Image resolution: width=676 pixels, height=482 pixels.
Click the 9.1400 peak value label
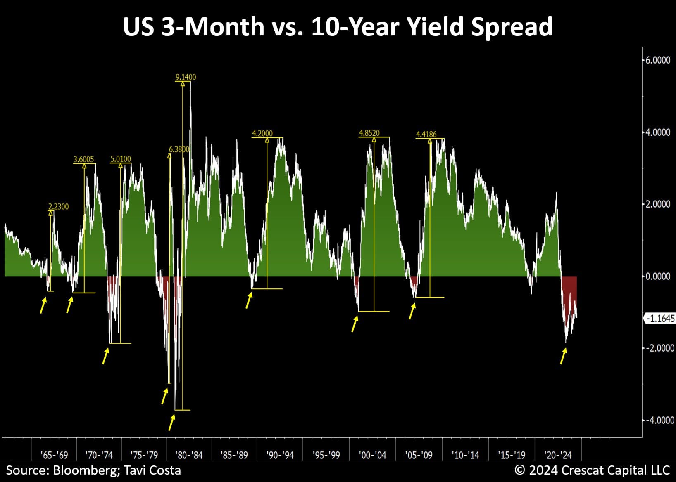click(x=186, y=77)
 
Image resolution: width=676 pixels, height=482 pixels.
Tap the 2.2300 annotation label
click(x=59, y=206)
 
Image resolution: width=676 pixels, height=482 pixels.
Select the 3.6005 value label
click(x=83, y=159)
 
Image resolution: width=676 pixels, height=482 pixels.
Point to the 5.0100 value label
click(x=121, y=159)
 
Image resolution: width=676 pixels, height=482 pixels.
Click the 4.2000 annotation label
click(x=262, y=133)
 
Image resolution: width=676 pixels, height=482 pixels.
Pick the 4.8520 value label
click(x=369, y=133)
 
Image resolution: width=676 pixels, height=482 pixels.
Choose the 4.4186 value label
click(x=426, y=134)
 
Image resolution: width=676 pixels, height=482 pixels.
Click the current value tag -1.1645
click(x=660, y=319)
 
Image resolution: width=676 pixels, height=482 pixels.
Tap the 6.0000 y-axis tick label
click(x=658, y=60)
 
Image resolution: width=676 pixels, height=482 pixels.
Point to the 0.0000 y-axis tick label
click(x=658, y=276)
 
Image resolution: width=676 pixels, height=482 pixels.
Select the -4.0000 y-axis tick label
click(x=658, y=420)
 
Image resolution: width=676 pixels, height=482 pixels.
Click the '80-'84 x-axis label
click(x=189, y=455)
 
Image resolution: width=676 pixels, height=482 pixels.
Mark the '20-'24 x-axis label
click(x=558, y=455)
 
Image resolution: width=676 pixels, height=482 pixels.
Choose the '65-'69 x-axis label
click(x=55, y=455)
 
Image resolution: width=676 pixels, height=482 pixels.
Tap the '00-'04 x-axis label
click(x=373, y=455)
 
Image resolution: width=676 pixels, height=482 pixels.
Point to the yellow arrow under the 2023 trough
click(x=563, y=356)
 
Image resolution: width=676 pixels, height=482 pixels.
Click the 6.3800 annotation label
click(x=179, y=149)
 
